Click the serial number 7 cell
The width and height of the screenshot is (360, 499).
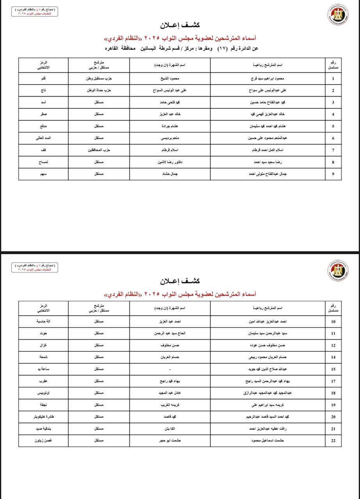point(333,150)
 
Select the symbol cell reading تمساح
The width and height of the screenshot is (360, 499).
point(43,162)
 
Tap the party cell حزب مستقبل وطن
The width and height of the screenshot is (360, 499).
point(99,78)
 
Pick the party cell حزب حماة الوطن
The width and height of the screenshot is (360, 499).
point(99,90)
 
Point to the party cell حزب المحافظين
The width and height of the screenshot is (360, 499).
point(99,150)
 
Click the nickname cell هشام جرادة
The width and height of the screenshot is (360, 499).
point(170,126)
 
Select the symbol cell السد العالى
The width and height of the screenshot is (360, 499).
point(43,138)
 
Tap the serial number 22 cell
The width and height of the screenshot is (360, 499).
point(333,441)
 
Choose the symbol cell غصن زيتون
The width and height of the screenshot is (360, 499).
point(43,441)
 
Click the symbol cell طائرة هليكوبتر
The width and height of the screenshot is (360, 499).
point(43,417)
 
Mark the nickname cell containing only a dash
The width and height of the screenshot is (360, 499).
point(170,369)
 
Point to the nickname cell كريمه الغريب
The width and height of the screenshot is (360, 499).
point(170,405)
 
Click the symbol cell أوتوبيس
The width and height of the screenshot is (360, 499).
point(43,393)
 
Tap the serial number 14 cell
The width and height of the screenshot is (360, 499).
point(333,357)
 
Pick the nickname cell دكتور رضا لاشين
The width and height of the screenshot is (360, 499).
point(170,162)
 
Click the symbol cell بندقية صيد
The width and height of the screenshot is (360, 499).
point(43,429)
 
